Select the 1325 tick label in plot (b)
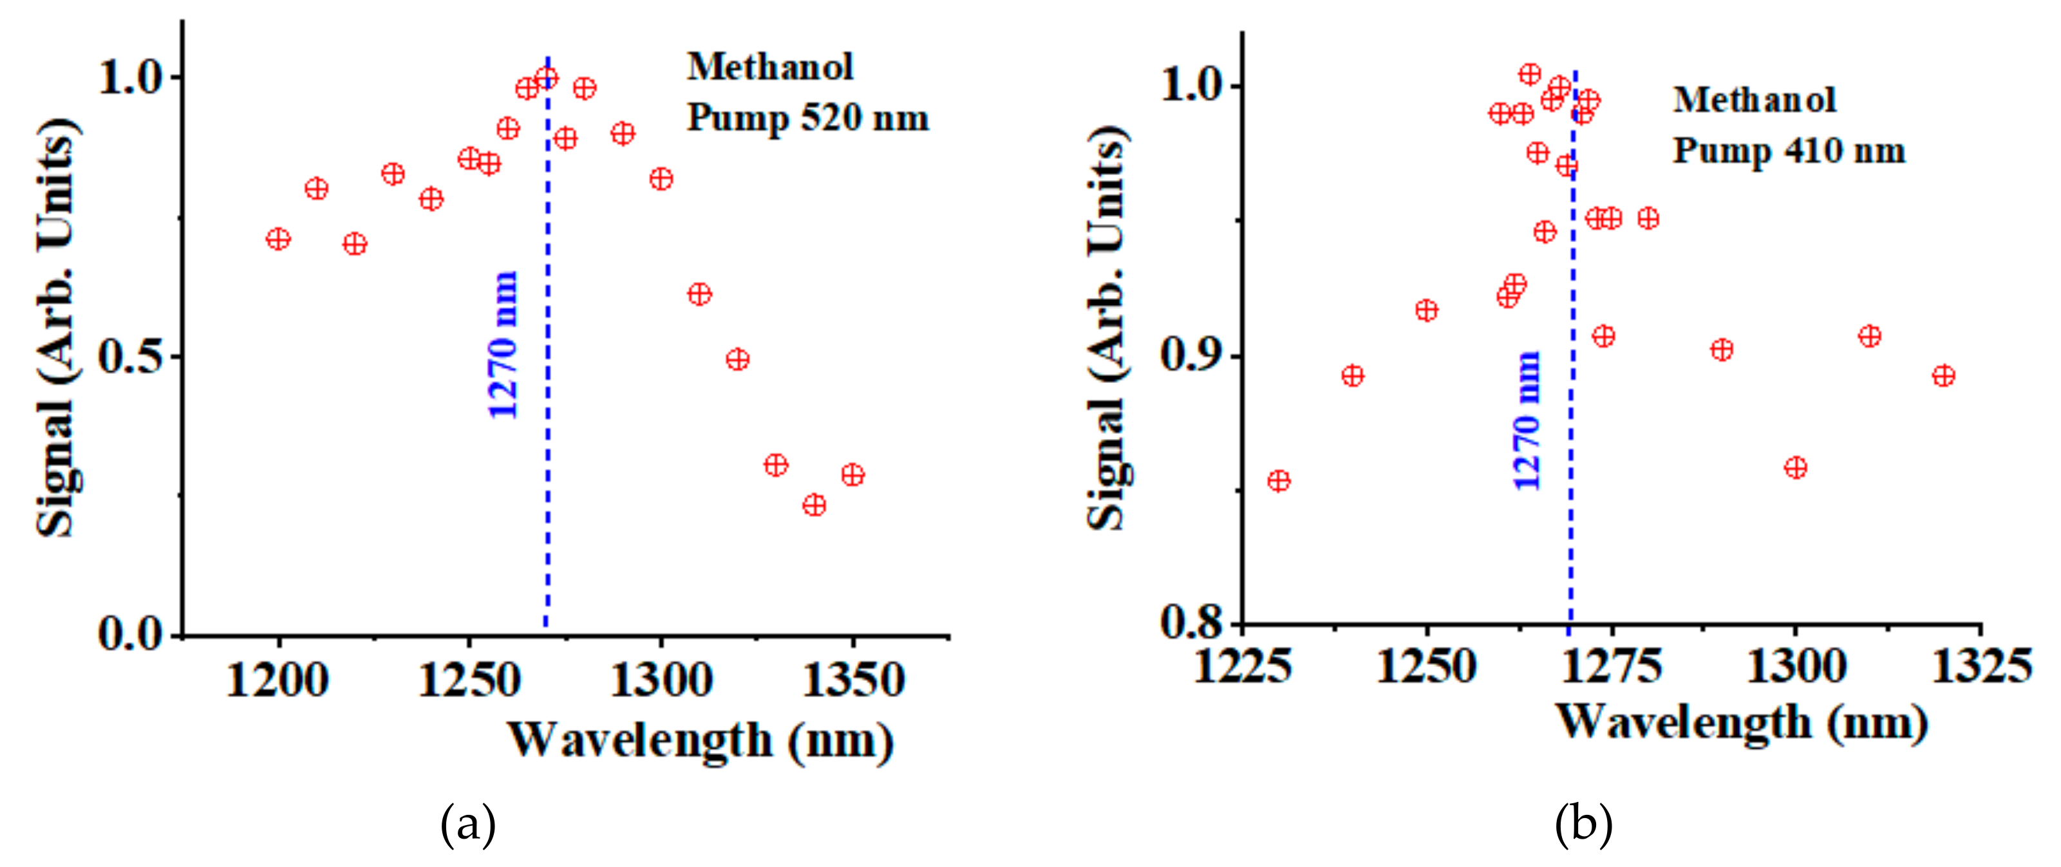tap(1981, 666)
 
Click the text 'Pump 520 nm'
tap(808, 118)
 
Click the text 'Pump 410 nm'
tap(1789, 151)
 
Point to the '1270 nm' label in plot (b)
tap(1527, 420)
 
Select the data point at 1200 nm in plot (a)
tap(278, 239)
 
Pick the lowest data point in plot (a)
tap(814, 505)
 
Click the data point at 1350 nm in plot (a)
tap(853, 475)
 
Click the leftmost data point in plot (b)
tap(1279, 481)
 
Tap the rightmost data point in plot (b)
tap(1943, 375)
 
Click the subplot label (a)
tap(468, 825)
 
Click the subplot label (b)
tap(1583, 823)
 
